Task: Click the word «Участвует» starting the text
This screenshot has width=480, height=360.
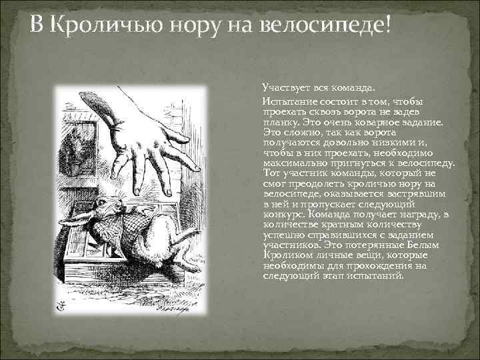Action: click(284, 87)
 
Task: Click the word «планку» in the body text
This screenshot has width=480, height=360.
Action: click(279, 124)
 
